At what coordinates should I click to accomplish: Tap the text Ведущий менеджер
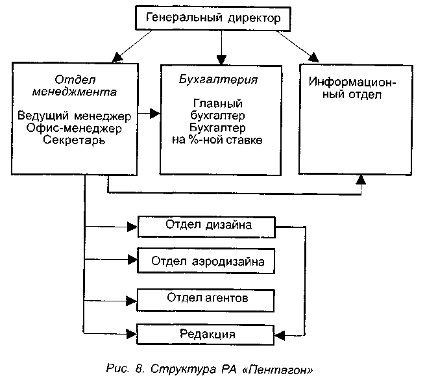pyautogui.click(x=75, y=116)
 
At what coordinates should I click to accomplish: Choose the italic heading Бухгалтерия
pyautogui.click(x=219, y=81)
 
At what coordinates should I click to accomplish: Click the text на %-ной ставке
pyautogui.click(x=218, y=140)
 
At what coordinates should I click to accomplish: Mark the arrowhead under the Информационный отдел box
pyautogui.click(x=361, y=179)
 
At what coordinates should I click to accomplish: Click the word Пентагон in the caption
pyautogui.click(x=281, y=369)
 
